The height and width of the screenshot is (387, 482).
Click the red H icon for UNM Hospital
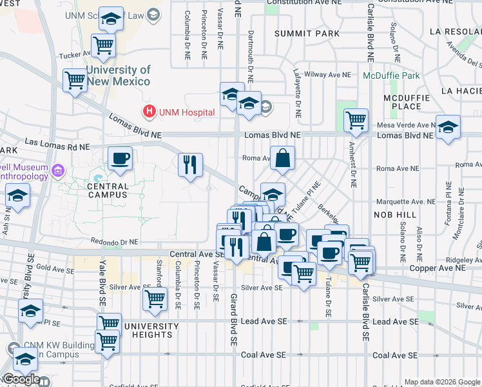[150, 112]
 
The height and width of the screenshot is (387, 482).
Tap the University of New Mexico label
[119, 75]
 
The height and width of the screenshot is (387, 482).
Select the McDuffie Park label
[391, 75]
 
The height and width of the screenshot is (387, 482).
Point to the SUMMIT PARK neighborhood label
[306, 33]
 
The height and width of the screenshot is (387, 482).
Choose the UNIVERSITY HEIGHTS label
[148, 330]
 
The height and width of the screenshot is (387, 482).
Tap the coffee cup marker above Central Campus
[120, 159]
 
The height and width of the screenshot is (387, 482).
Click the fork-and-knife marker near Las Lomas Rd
[190, 165]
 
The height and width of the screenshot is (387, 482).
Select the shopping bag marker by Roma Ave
[282, 158]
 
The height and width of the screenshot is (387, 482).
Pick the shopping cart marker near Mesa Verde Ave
[356, 120]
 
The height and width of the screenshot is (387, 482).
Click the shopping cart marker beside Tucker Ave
[103, 46]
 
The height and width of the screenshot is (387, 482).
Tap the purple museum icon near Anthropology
[58, 171]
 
